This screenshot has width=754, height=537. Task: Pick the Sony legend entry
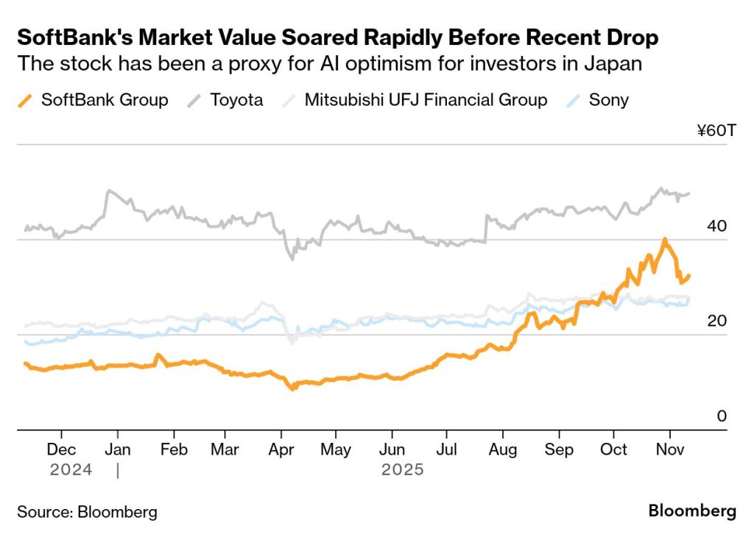point(600,100)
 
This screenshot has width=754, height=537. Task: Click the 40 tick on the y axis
point(716,226)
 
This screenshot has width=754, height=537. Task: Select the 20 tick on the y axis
point(716,321)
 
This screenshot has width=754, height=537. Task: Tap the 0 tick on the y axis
point(722,416)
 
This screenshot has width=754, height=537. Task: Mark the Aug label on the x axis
point(503,449)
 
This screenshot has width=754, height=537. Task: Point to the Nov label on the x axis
point(669,449)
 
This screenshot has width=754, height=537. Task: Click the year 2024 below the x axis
point(71,469)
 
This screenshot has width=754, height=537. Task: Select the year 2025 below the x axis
point(402,469)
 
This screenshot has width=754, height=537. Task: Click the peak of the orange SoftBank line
point(664,240)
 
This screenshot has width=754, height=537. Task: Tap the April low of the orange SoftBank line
point(293,387)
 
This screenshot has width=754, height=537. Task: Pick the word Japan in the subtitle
point(616,63)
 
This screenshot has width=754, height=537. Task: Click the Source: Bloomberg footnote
point(87,512)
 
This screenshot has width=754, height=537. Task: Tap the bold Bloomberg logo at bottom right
point(692,511)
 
